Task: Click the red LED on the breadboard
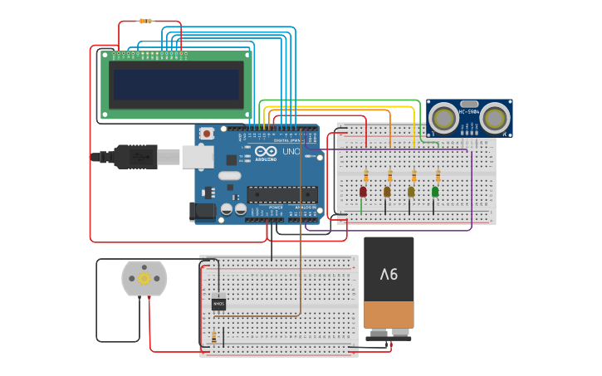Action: point(363,192)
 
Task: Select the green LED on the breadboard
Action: point(435,192)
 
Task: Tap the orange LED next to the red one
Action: point(387,192)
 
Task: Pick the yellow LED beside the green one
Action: point(411,192)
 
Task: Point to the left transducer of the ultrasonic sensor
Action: point(443,118)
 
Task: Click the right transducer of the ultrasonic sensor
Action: point(495,118)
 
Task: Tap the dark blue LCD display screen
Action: point(176,84)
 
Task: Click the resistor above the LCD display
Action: point(146,21)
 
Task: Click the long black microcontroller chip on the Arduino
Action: point(281,194)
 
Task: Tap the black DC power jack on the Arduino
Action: point(203,212)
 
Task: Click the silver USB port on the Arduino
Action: point(198,156)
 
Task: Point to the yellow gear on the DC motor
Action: point(144,279)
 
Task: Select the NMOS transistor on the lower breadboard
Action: point(218,305)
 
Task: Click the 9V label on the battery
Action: point(389,274)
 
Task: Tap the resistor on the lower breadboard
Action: point(214,337)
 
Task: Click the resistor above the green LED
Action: point(438,176)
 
